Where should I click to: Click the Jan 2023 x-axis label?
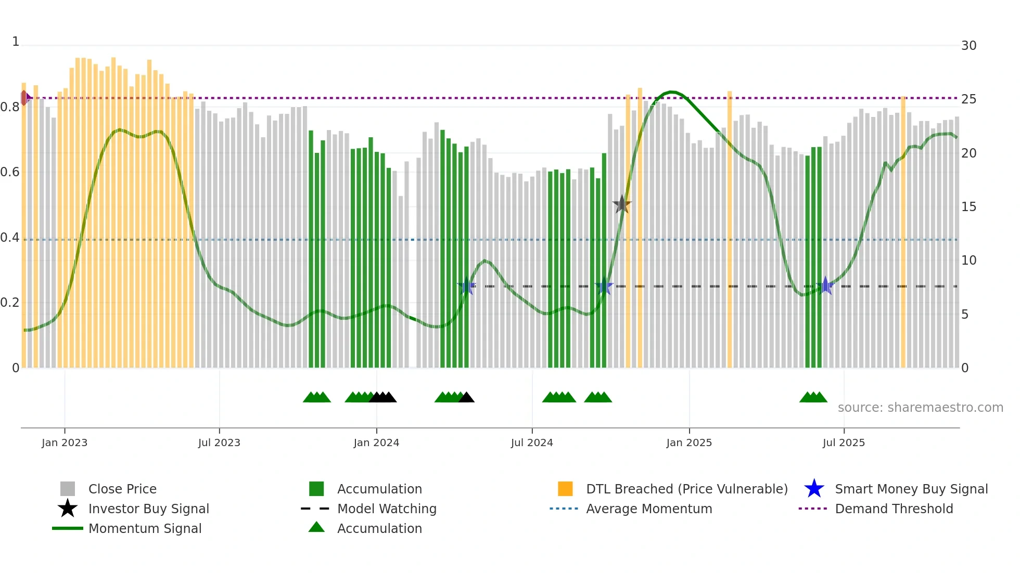[65, 442]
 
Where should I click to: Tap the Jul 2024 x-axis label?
[532, 442]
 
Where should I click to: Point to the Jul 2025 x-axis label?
[844, 442]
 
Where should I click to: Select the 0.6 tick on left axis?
[9, 172]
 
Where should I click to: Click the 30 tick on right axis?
[968, 46]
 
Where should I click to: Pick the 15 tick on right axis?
[968, 207]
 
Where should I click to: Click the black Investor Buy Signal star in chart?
[622, 204]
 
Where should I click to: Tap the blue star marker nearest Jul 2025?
[825, 285]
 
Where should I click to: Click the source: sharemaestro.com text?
[920, 408]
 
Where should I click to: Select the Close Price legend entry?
[122, 489]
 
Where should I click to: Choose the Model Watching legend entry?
[387, 509]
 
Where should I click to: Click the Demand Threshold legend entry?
[894, 509]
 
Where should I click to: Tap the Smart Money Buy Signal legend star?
[814, 489]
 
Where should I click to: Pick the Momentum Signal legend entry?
[145, 528]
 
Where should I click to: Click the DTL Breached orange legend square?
[565, 489]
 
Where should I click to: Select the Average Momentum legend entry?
[648, 509]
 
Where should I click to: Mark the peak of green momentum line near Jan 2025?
[672, 92]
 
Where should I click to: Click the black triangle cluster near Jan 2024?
[383, 397]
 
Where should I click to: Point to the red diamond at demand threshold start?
[24, 98]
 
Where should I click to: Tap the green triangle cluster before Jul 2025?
[813, 397]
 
